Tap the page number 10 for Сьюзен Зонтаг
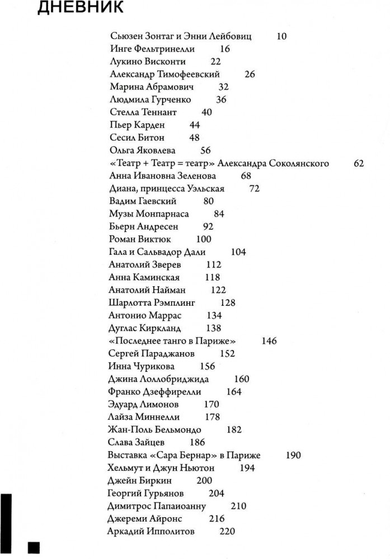282,36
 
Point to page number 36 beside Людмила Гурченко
221,100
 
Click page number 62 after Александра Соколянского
359,163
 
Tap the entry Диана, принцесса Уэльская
167,188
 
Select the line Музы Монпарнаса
149,214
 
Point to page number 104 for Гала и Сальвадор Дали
238,252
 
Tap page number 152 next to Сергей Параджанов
227,353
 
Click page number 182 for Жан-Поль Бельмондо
235,429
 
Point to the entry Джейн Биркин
138,480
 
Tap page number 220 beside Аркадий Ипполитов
227,531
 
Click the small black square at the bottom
34,546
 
